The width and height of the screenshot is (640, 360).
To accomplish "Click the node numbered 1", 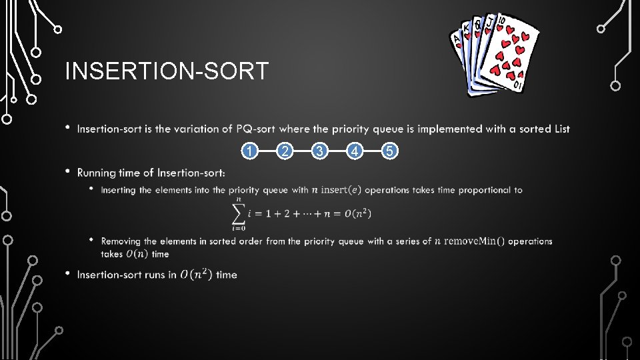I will coord(249,152).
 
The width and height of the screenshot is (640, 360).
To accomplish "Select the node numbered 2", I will coord(285,152).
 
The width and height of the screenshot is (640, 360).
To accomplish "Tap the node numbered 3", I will coord(320,152).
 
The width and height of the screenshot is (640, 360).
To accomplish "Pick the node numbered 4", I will coord(356,152).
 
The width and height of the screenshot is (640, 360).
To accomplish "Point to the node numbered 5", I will coord(391,152).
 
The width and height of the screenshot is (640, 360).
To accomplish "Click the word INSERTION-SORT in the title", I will coord(167,71).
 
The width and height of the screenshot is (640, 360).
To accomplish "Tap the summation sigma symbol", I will coord(237,213).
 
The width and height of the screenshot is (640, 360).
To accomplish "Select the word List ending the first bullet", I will coord(562,129).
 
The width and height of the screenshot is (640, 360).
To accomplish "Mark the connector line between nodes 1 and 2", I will coord(267,152).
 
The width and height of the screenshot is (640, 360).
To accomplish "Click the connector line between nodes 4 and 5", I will coord(374,152).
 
